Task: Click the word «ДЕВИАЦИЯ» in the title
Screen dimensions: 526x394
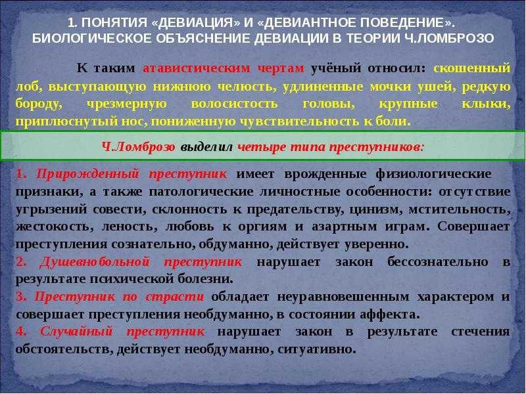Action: (196, 23)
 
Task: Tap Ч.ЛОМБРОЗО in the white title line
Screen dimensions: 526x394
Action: (447, 38)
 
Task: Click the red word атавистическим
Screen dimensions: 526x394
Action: (197, 68)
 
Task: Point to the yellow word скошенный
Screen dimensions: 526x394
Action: (472, 68)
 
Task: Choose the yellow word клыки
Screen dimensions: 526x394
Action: (486, 104)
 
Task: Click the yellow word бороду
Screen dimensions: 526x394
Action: (39, 104)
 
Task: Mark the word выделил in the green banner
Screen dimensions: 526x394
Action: (206, 146)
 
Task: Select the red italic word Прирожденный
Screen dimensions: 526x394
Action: (87, 174)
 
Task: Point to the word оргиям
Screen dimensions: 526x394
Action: (262, 227)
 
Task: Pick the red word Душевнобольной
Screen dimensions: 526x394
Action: (94, 261)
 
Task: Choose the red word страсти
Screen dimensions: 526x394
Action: (175, 297)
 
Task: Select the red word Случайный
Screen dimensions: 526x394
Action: (76, 332)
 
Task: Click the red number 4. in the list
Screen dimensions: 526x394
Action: (22, 332)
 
